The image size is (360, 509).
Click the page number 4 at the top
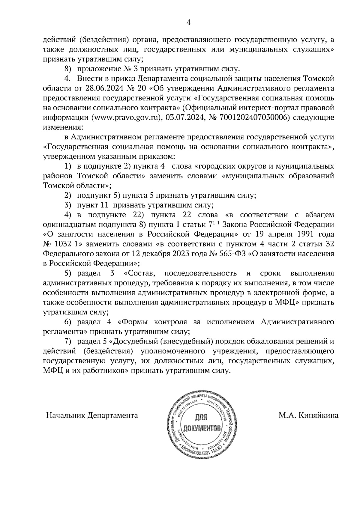click(189, 23)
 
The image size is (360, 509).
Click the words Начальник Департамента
click(92, 415)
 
